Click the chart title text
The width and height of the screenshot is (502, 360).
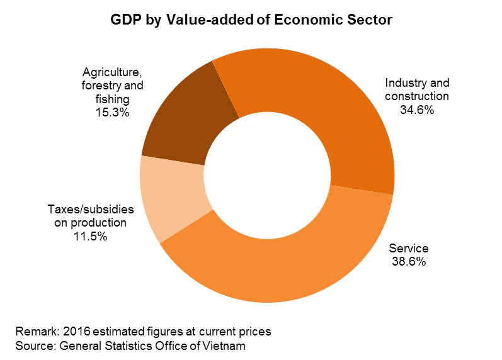click(251, 20)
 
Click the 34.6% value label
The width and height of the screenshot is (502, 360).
click(416, 110)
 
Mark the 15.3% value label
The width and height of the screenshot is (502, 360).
click(113, 113)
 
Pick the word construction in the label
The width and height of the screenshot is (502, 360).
click(416, 96)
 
